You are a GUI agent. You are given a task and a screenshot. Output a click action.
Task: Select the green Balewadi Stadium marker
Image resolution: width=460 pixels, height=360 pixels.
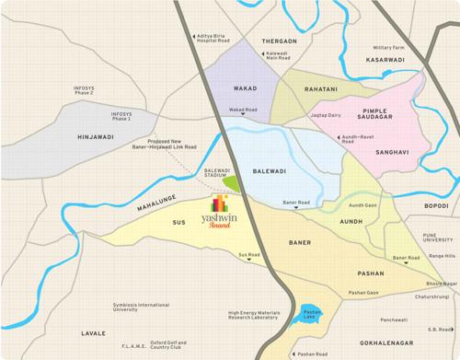[232, 182]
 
